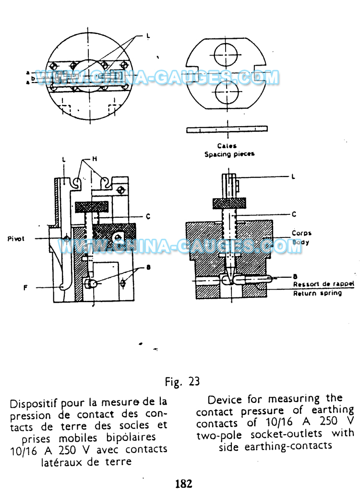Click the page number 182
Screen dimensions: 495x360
pyautogui.click(x=183, y=483)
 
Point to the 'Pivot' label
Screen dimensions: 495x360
pyautogui.click(x=16, y=237)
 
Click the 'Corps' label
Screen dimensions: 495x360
pyautogui.click(x=302, y=233)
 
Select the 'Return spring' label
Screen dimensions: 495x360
pyautogui.click(x=318, y=293)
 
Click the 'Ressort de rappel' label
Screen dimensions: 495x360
pyautogui.click(x=324, y=284)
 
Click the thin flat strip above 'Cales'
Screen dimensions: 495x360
pyautogui.click(x=227, y=129)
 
